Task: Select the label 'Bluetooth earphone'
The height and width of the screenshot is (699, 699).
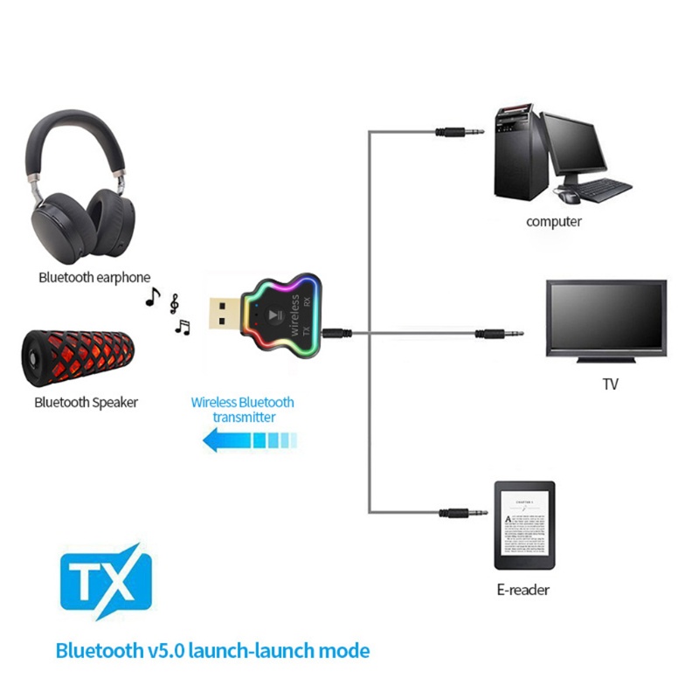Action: pos(94,278)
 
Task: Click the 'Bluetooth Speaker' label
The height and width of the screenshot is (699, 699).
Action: pos(86,403)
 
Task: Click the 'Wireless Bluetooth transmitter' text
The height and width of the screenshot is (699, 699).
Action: pos(243,410)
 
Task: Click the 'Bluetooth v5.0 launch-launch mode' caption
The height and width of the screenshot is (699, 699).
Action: pos(212,651)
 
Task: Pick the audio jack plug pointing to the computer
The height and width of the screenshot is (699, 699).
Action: pos(461,132)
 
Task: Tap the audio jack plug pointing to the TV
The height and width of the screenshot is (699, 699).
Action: pos(500,333)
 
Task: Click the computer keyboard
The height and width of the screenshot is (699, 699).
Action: pos(604,188)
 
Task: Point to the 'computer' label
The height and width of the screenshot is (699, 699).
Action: pos(553,222)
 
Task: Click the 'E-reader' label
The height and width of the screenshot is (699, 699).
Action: pos(523,590)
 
